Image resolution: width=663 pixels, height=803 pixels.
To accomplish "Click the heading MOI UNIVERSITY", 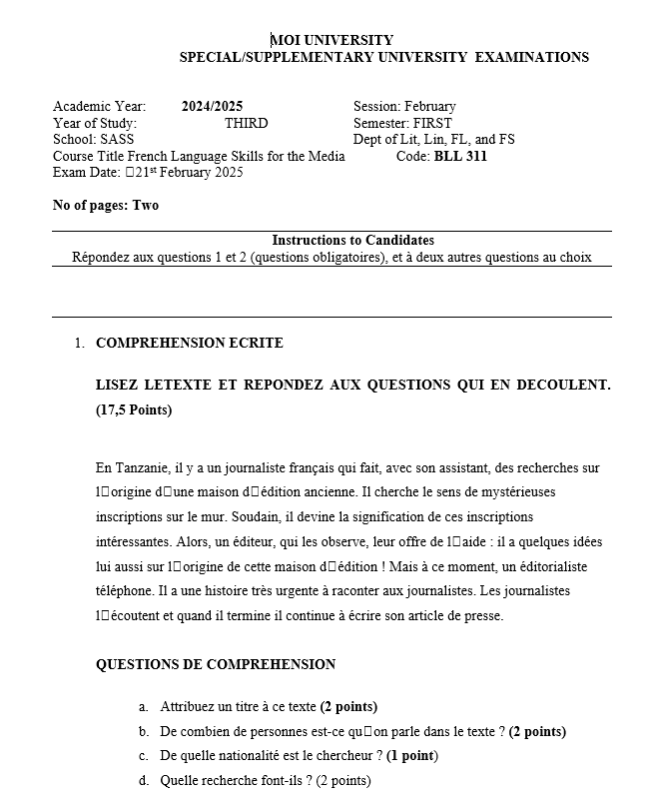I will (x=331, y=40).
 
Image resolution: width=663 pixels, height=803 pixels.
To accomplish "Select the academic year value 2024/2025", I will (x=212, y=107).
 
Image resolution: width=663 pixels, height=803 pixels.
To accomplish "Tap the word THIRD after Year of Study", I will (x=247, y=123).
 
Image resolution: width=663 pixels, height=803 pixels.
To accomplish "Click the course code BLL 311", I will (x=460, y=156).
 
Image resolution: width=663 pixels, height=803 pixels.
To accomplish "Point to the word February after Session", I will (x=430, y=107).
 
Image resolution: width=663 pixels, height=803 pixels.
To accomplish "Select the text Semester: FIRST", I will (x=402, y=123).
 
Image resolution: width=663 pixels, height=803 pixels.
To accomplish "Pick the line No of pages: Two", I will (x=105, y=206).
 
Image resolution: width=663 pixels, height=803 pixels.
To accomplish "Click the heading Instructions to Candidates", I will (x=352, y=241).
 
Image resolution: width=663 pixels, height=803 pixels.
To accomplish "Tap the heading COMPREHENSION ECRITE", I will (x=189, y=344).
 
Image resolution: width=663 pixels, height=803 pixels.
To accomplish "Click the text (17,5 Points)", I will (x=134, y=410).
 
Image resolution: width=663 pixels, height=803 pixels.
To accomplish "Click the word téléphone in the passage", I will (x=125, y=591).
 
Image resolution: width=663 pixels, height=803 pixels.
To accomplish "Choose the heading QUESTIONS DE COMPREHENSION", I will (x=216, y=665).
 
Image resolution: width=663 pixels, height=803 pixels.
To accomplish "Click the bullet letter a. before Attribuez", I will (x=144, y=707).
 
